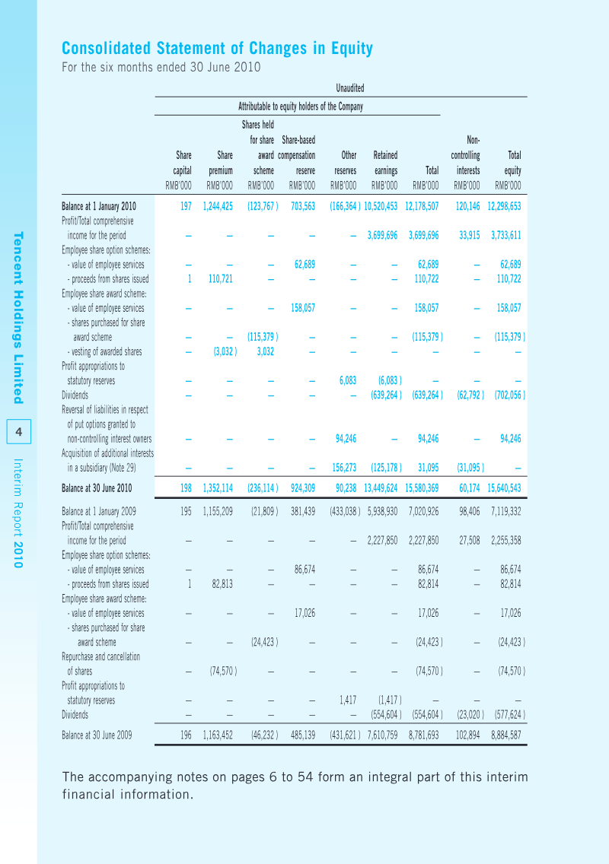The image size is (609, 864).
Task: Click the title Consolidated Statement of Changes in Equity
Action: [218, 49]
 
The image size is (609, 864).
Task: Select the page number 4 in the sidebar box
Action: [19, 431]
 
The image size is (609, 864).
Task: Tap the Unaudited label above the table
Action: [349, 88]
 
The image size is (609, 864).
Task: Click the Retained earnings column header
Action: [385, 163]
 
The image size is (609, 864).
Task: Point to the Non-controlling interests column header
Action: [466, 155]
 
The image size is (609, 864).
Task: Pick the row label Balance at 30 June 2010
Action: [97, 488]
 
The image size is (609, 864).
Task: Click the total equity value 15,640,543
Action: [504, 488]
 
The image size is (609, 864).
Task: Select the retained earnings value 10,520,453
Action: [381, 207]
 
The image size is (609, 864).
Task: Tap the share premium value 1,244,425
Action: [218, 207]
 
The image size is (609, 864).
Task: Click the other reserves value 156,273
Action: [344, 468]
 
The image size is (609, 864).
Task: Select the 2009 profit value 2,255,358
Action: [505, 541]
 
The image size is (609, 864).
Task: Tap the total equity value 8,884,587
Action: [505, 735]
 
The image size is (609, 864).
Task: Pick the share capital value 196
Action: [186, 735]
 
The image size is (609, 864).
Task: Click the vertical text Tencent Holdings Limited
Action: [18, 318]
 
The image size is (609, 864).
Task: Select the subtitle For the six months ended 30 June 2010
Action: [161, 67]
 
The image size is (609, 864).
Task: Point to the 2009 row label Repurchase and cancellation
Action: [101, 657]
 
